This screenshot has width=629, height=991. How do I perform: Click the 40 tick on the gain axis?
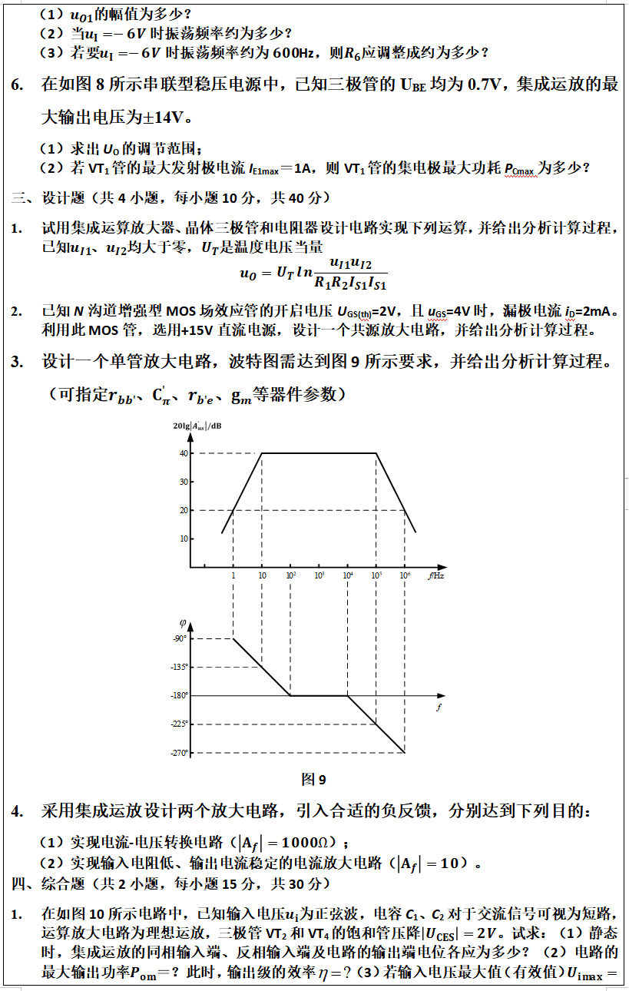[x=184, y=453]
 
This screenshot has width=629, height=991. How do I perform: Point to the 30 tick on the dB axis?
[x=184, y=482]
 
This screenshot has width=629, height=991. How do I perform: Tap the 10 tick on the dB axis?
[x=184, y=539]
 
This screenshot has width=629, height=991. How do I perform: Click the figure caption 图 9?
[x=314, y=780]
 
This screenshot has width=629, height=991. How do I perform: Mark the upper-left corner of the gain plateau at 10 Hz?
[x=262, y=453]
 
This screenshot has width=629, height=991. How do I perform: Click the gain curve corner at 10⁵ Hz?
[x=376, y=453]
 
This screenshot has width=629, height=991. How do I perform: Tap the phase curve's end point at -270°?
[x=405, y=752]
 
